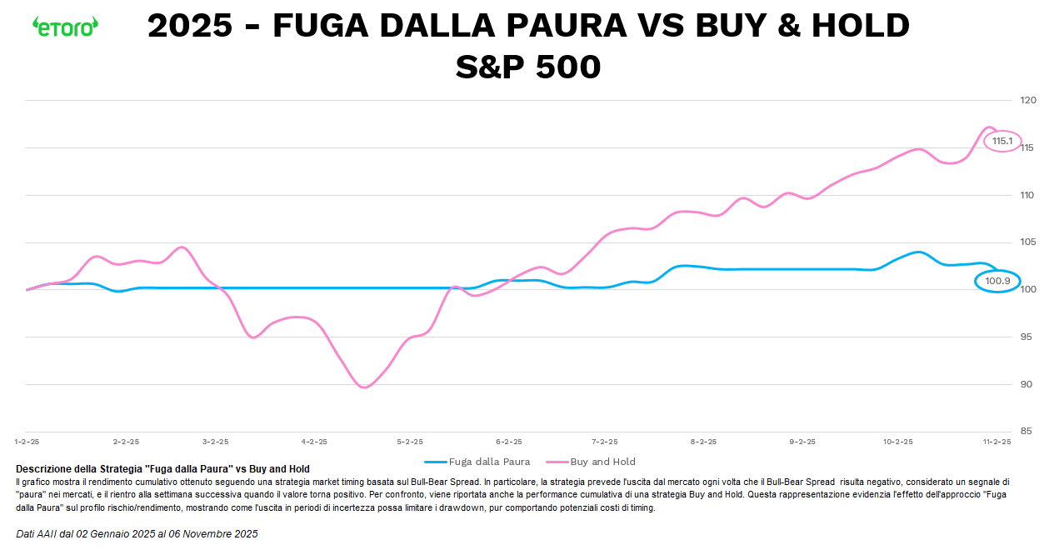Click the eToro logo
pyautogui.click(x=65, y=26)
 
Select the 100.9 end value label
pyautogui.click(x=997, y=282)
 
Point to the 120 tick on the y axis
pyautogui.click(x=1027, y=101)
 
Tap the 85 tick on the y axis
pyautogui.click(x=1026, y=432)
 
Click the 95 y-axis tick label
pyautogui.click(x=1026, y=337)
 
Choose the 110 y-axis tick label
pyautogui.click(x=1027, y=195)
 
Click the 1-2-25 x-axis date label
pyautogui.click(x=27, y=442)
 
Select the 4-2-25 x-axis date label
pyautogui.click(x=314, y=442)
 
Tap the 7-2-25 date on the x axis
pyautogui.click(x=605, y=442)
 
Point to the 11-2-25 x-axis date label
pyautogui.click(x=997, y=442)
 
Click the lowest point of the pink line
pyautogui.click(x=364, y=387)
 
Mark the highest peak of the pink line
pyautogui.click(x=988, y=127)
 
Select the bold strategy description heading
pyautogui.click(x=162, y=469)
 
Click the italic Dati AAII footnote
pyautogui.click(x=137, y=533)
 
